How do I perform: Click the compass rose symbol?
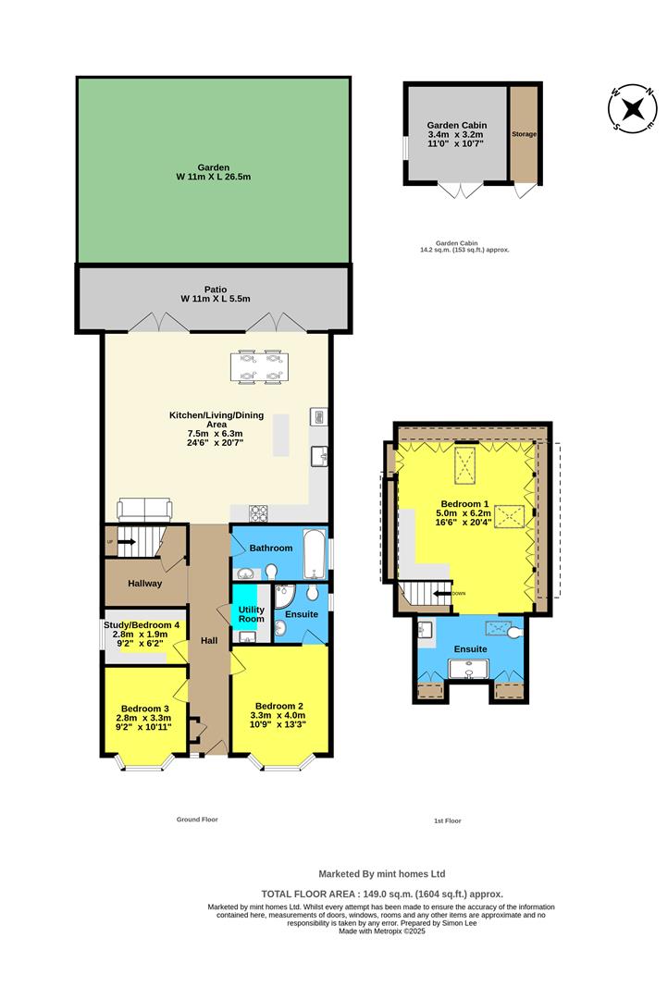click(633, 108)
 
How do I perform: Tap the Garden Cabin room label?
click(456, 125)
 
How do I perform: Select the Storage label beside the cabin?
click(524, 134)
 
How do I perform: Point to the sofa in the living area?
click(143, 509)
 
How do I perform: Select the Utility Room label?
click(251, 613)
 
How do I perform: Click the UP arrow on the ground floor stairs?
click(121, 543)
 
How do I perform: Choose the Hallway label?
click(145, 584)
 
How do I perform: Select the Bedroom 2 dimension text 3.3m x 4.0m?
click(279, 715)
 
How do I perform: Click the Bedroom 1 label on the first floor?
click(464, 504)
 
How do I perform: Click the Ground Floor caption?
click(197, 820)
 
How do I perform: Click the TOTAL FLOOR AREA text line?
click(382, 894)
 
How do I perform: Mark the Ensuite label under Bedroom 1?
click(470, 649)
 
